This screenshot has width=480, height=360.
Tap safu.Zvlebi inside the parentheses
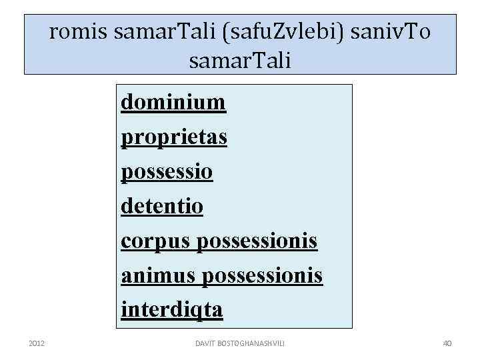pyautogui.click(x=273, y=33)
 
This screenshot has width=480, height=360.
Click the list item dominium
pyautogui.click(x=173, y=103)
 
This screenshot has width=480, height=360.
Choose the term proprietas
pyautogui.click(x=174, y=137)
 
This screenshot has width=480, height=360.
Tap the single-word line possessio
pyautogui.click(x=167, y=172)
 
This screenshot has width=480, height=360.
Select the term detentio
pyautogui.click(x=162, y=206)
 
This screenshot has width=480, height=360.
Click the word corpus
pyautogui.click(x=156, y=241)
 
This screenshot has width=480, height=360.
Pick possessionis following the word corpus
pyautogui.click(x=257, y=241)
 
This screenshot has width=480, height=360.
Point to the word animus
pyautogui.click(x=159, y=275)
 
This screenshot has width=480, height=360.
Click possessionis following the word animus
pyautogui.click(x=262, y=275)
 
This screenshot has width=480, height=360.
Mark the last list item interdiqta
pyautogui.click(x=172, y=310)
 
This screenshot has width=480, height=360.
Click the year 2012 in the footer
pyautogui.click(x=37, y=343)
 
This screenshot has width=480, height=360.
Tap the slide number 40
pyautogui.click(x=447, y=343)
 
